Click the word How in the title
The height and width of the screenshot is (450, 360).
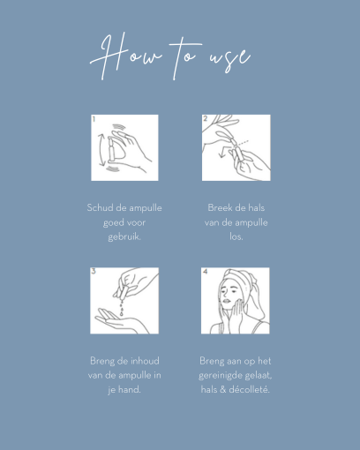pyautogui.click(x=125, y=56)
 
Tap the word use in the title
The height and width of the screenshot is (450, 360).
pyautogui.click(x=230, y=59)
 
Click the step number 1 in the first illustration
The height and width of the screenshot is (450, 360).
pyautogui.click(x=94, y=119)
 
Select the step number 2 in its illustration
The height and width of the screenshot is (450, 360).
pyautogui.click(x=205, y=118)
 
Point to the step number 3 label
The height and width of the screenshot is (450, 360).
pyautogui.click(x=94, y=271)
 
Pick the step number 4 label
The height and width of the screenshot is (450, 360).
pyautogui.click(x=205, y=271)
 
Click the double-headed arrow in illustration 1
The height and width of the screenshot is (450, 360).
pyautogui.click(x=101, y=150)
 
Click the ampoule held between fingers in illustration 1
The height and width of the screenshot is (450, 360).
pyautogui.click(x=111, y=149)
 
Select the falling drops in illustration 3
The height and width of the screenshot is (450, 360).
pyautogui.click(x=122, y=307)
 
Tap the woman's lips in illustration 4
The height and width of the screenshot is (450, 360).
pyautogui.click(x=227, y=301)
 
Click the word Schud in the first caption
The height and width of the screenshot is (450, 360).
pyautogui.click(x=100, y=208)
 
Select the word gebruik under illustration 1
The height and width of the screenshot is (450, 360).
pyautogui.click(x=124, y=236)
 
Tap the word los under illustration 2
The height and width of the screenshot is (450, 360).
pyautogui.click(x=236, y=236)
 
